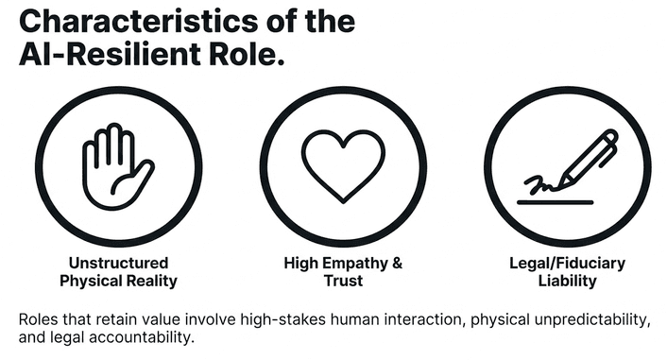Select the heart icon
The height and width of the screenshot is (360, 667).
click(x=343, y=162)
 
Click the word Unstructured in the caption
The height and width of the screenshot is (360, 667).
click(x=118, y=263)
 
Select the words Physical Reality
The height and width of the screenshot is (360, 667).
click(x=118, y=281)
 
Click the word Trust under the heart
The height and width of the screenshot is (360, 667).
click(x=343, y=281)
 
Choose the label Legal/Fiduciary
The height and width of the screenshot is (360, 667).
click(x=568, y=263)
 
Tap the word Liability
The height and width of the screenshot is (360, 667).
click(x=568, y=281)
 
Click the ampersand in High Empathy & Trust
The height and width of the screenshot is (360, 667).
click(x=396, y=263)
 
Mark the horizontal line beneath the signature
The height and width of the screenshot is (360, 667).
click(x=558, y=200)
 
